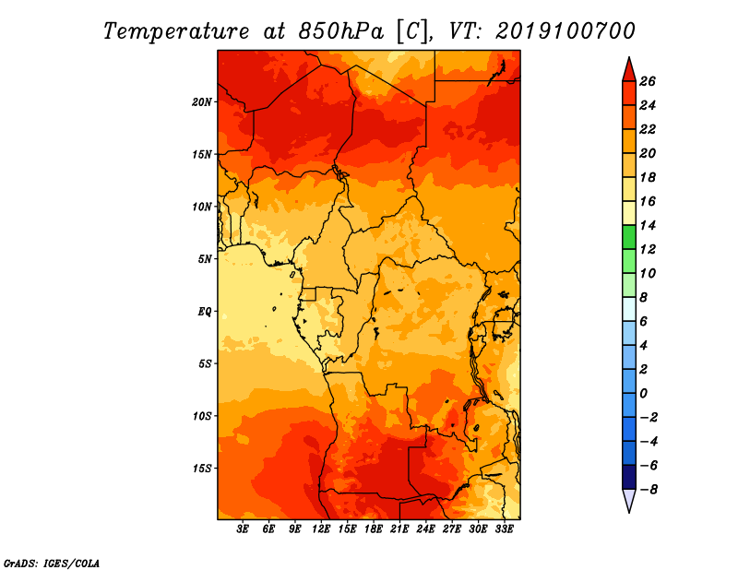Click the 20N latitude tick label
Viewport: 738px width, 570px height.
[202, 102]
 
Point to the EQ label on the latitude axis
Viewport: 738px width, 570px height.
[204, 312]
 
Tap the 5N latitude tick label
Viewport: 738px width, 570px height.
[205, 259]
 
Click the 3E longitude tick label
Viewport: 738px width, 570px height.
[243, 528]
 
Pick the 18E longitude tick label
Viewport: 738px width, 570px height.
[374, 528]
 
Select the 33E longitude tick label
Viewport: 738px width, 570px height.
[504, 528]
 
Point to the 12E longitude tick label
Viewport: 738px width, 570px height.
[321, 528]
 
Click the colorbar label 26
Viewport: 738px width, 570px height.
[648, 81]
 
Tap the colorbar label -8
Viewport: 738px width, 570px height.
[649, 490]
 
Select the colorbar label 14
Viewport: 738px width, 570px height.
[648, 225]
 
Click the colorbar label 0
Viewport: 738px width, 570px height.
[643, 394]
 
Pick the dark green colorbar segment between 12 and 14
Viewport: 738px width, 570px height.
[629, 237]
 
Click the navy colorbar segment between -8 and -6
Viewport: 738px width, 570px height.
[629, 477]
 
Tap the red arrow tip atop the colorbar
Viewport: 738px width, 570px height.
[629, 58]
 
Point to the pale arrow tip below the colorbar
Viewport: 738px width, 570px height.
[629, 512]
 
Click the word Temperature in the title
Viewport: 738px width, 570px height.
[176, 31]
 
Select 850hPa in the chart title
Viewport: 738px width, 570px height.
[341, 31]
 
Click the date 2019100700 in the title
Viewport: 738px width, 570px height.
[565, 31]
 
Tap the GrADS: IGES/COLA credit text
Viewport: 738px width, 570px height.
[52, 563]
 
